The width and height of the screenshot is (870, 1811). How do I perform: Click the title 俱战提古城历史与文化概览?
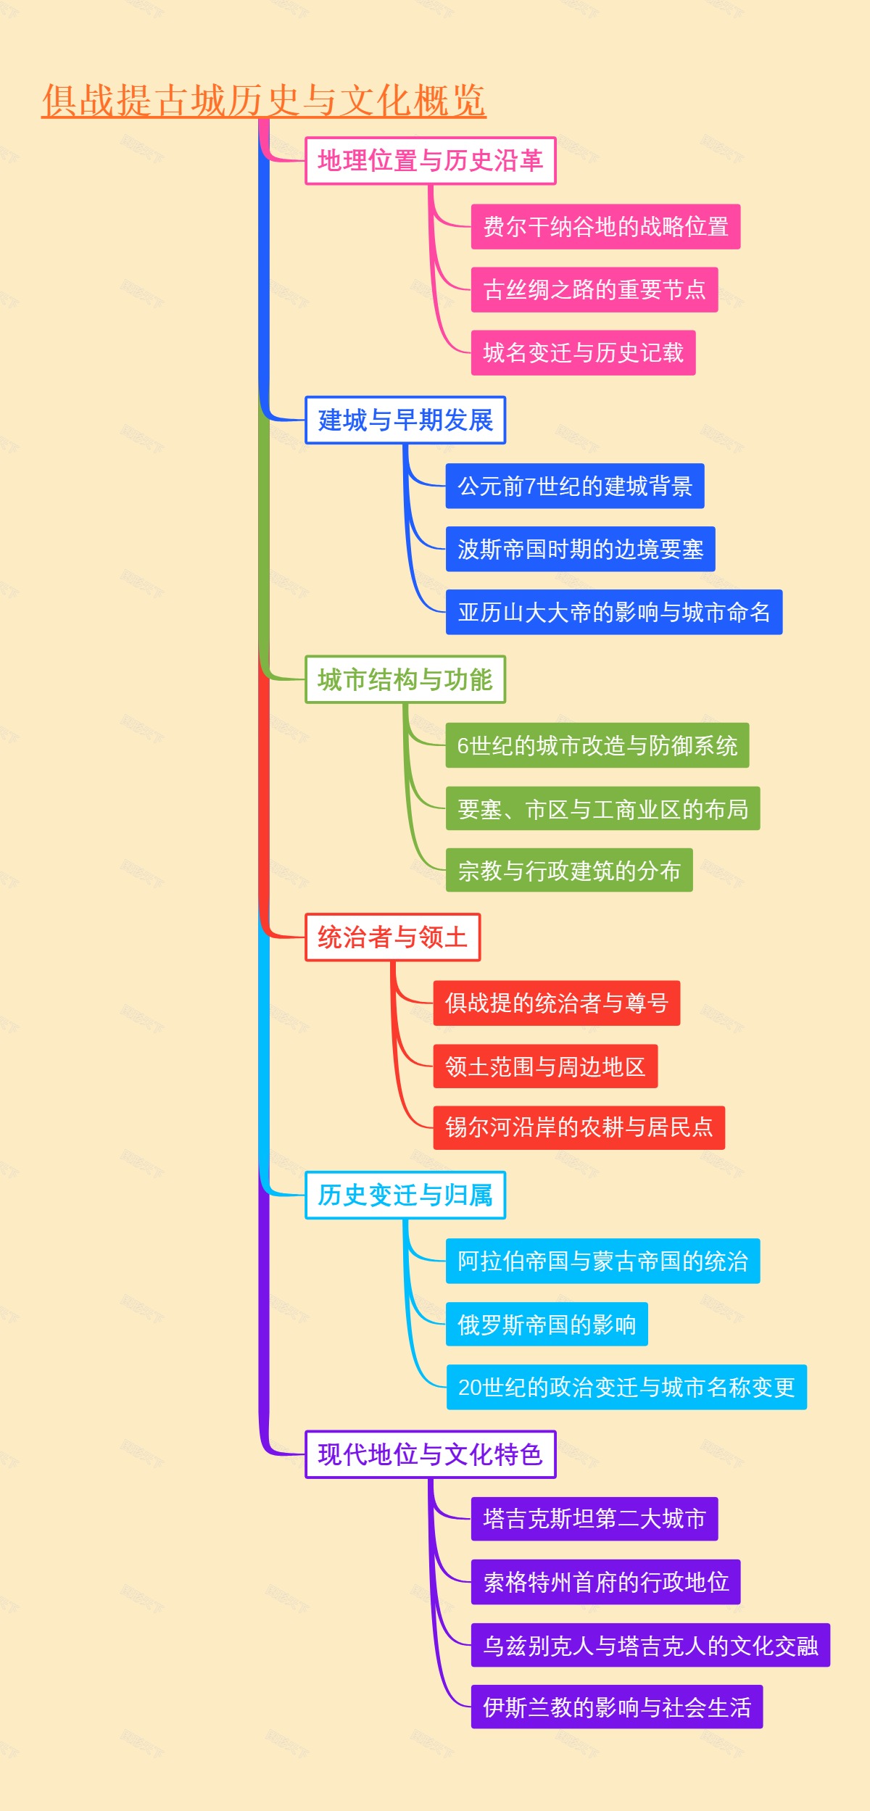264,100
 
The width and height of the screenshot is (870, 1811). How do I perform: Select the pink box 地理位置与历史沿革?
431,161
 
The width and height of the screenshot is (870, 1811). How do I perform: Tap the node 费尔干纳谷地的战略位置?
605,227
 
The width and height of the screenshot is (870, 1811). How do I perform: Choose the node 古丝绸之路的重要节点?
594,290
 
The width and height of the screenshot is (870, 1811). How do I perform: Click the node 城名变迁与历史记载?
583,353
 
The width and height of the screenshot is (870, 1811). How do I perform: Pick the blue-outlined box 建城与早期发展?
405,420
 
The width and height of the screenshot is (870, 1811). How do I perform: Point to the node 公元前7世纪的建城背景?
575,486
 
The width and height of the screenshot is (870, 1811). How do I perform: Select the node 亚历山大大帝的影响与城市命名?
614,613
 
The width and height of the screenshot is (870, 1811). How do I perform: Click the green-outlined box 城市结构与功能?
405,680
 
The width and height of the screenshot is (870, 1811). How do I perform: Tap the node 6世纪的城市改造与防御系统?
597,745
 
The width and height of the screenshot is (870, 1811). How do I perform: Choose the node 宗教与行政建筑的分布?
569,871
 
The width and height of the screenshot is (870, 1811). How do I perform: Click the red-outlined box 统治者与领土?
392,937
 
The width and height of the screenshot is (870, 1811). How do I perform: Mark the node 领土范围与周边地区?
545,1066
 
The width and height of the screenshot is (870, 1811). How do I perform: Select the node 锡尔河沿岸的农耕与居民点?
579,1128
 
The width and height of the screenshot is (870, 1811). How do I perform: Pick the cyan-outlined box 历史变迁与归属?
405,1195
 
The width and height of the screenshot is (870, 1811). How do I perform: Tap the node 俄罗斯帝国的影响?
547,1325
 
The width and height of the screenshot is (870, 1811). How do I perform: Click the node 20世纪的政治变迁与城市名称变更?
626,1388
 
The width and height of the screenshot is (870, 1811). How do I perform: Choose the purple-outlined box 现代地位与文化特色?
431,1454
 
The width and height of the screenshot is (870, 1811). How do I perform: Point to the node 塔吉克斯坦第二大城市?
594,1520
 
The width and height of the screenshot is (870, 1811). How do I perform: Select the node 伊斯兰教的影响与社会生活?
617,1707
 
